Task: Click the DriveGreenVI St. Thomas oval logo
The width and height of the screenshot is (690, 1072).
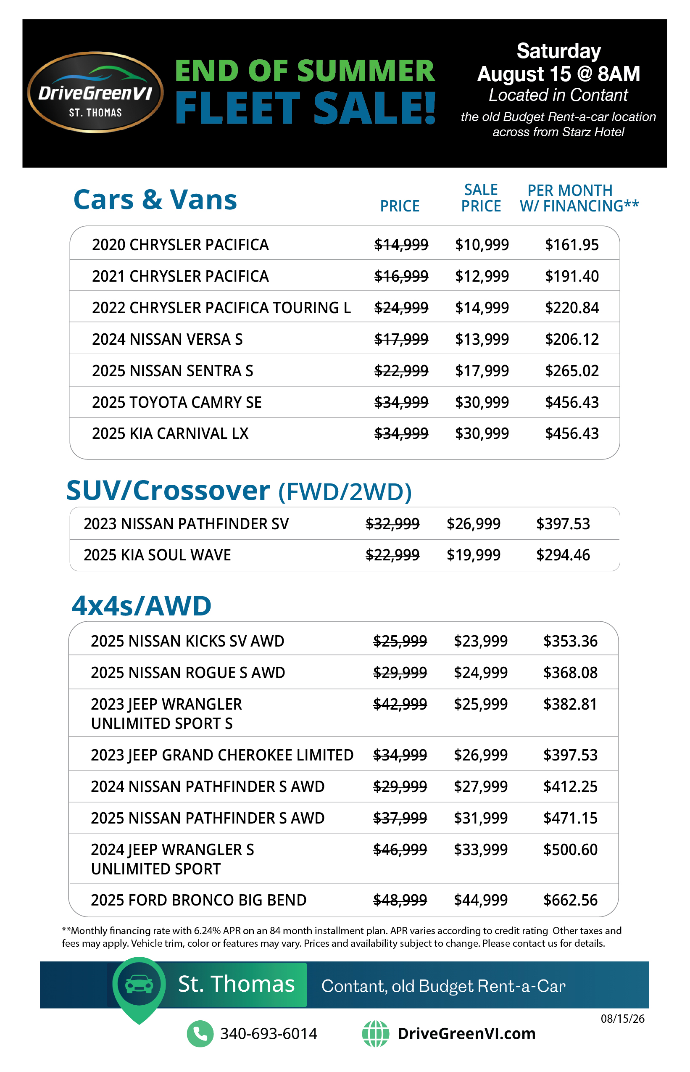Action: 95,92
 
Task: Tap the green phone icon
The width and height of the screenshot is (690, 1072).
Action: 200,1033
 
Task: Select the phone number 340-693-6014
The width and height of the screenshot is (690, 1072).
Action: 269,1033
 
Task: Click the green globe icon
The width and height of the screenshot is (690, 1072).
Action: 376,1033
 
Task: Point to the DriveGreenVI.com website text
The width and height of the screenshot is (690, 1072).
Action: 466,1033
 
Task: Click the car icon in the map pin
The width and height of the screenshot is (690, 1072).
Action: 139,984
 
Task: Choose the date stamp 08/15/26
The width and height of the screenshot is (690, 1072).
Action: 622,1019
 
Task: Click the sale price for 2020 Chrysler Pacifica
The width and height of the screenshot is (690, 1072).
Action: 482,245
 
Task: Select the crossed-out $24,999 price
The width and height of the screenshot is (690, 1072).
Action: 401,308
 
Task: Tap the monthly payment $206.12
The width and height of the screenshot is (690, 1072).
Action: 572,339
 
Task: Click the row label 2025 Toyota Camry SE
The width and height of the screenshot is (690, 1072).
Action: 176,402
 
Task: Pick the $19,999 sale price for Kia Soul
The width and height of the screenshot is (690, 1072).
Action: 473,555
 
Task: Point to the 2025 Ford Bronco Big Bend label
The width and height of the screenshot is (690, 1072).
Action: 198,900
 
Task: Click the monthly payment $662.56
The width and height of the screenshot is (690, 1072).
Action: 570,900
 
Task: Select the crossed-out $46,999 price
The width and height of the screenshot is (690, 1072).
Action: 400,850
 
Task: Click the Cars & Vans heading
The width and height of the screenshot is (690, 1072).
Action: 155,199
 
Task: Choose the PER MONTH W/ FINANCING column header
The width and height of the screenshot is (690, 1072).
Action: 579,198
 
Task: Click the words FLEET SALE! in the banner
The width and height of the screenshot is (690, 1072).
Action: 305,108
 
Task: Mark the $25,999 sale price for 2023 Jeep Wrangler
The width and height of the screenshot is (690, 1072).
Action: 481,704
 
